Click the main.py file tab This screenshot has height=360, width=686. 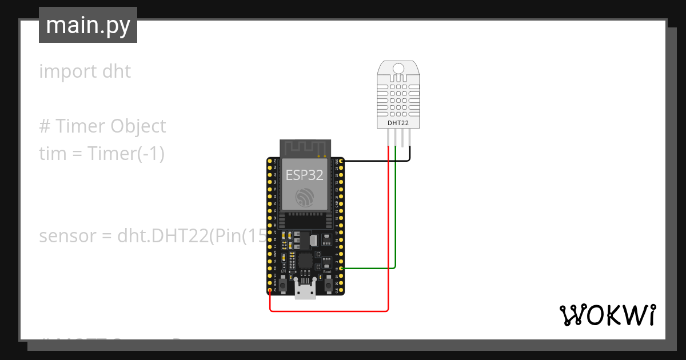coord(88,25)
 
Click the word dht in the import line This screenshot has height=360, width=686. coord(116,71)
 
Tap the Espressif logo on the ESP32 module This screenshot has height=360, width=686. coord(305,198)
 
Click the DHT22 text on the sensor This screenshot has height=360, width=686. coord(398,122)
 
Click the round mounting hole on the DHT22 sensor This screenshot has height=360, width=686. coord(398,69)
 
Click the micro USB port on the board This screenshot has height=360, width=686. coord(305,291)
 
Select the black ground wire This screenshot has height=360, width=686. coord(377,161)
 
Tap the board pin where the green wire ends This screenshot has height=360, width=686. coord(341,268)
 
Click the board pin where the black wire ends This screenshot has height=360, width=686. coord(341,162)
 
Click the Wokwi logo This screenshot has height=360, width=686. coord(607,315)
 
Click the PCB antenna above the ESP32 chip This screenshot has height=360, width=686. coord(305,149)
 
